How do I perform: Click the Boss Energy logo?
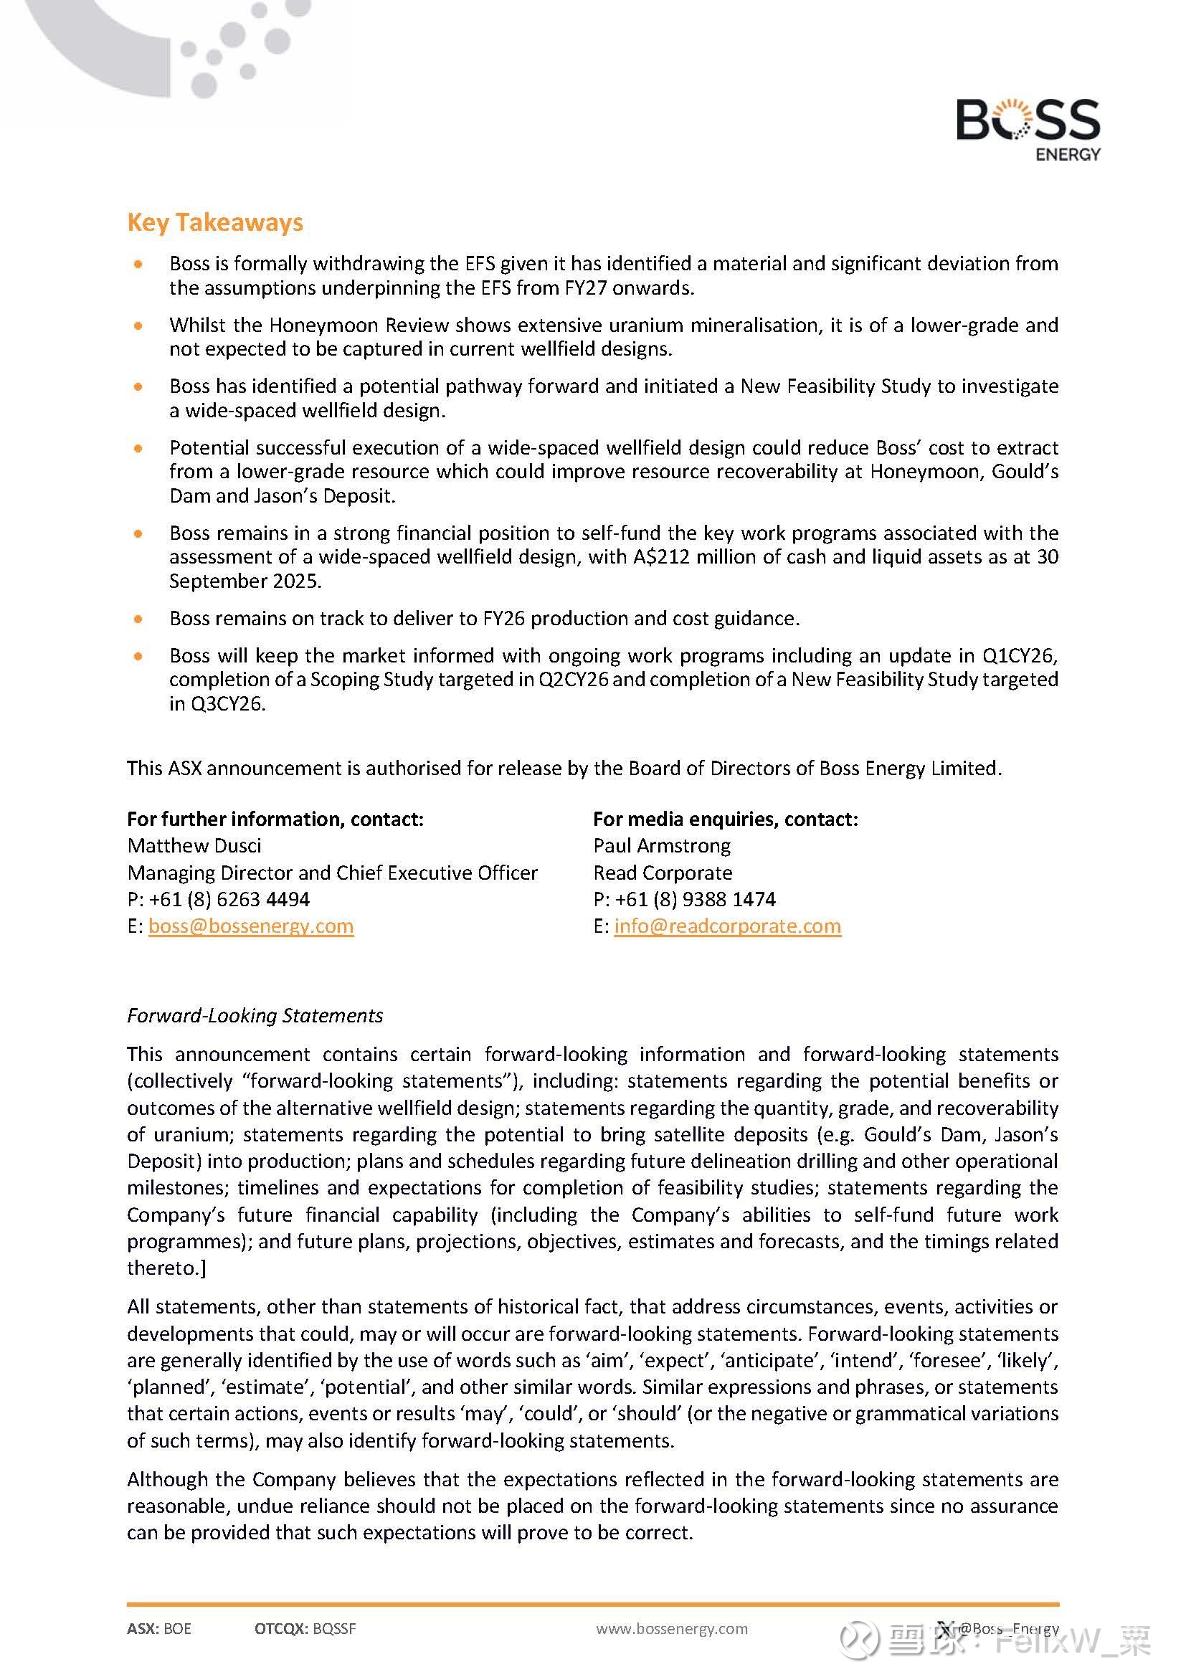click(x=1028, y=128)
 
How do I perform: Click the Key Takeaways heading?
click(x=214, y=222)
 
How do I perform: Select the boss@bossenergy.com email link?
click(x=250, y=926)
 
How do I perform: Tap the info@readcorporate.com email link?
click(x=727, y=926)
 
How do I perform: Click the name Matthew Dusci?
click(x=194, y=845)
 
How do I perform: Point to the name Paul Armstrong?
click(x=662, y=845)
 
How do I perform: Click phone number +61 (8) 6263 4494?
click(x=229, y=898)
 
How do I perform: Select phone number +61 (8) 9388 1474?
click(x=696, y=898)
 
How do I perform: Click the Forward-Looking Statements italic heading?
click(x=255, y=1015)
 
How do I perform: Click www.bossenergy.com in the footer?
click(x=672, y=1628)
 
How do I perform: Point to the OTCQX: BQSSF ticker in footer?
click(x=305, y=1628)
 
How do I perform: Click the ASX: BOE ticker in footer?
click(x=159, y=1628)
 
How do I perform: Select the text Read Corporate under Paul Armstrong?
click(x=663, y=872)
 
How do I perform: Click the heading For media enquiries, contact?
click(x=725, y=819)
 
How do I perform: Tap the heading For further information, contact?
click(x=275, y=819)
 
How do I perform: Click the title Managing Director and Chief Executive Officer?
click(x=332, y=872)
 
